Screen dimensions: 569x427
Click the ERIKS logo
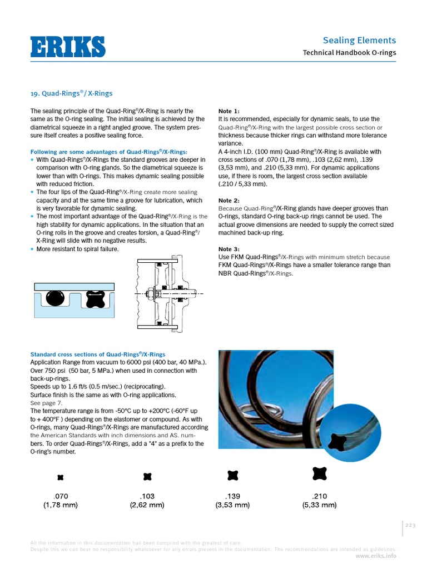(x=67, y=46)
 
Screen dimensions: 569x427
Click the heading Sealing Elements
(x=359, y=40)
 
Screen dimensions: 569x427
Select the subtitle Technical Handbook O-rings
(x=349, y=53)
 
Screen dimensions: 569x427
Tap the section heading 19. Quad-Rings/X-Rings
(x=71, y=93)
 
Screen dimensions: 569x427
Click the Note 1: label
(x=229, y=111)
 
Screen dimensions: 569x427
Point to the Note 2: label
(x=229, y=201)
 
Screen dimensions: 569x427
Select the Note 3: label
(x=229, y=249)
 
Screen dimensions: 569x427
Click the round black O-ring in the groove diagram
(x=55, y=298)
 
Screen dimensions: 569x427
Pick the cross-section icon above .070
(x=61, y=477)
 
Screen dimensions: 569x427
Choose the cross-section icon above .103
(x=147, y=476)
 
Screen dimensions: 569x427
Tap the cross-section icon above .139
(x=233, y=475)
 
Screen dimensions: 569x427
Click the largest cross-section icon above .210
(x=320, y=473)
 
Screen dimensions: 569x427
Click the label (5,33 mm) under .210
(x=319, y=505)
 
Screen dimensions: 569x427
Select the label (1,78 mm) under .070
(x=61, y=505)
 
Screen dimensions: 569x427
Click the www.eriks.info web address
(x=376, y=555)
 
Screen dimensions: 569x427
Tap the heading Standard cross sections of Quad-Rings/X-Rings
(x=97, y=355)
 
